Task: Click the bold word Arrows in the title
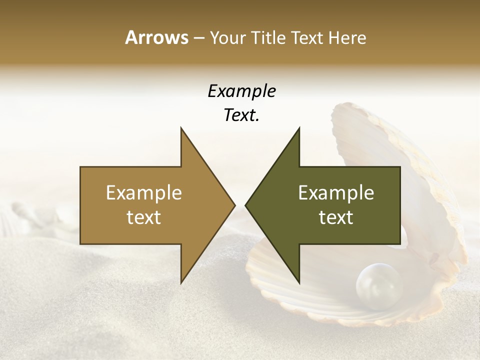tap(156, 37)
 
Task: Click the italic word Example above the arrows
tap(241, 91)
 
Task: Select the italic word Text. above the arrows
tap(241, 115)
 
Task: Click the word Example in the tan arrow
tap(144, 193)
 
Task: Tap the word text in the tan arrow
tap(144, 217)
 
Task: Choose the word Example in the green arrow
tap(336, 193)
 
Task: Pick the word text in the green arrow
tap(336, 217)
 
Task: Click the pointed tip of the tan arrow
tap(234, 205)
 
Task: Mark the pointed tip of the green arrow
tap(245, 205)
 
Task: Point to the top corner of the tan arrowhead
tap(181, 128)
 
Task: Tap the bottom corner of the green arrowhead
tap(299, 283)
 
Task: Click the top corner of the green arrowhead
tap(299, 128)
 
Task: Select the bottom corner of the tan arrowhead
tap(181, 283)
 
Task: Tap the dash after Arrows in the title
tap(198, 38)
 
